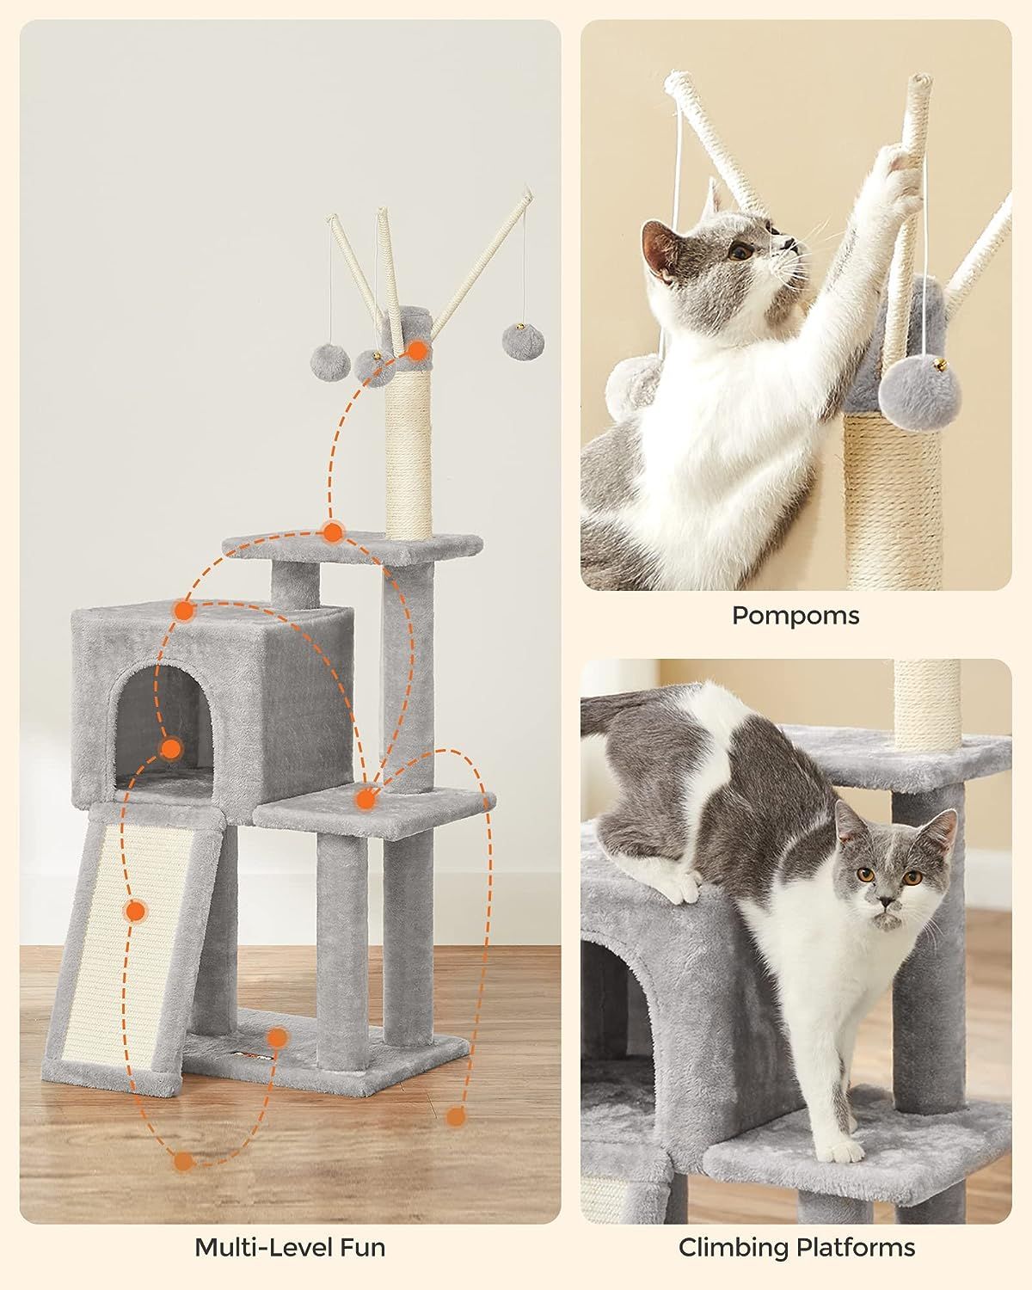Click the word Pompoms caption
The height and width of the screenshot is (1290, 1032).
795,617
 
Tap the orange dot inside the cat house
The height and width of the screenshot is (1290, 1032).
171,748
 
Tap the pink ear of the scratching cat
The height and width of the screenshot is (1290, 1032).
658,251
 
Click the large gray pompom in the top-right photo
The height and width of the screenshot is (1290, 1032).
918,395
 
